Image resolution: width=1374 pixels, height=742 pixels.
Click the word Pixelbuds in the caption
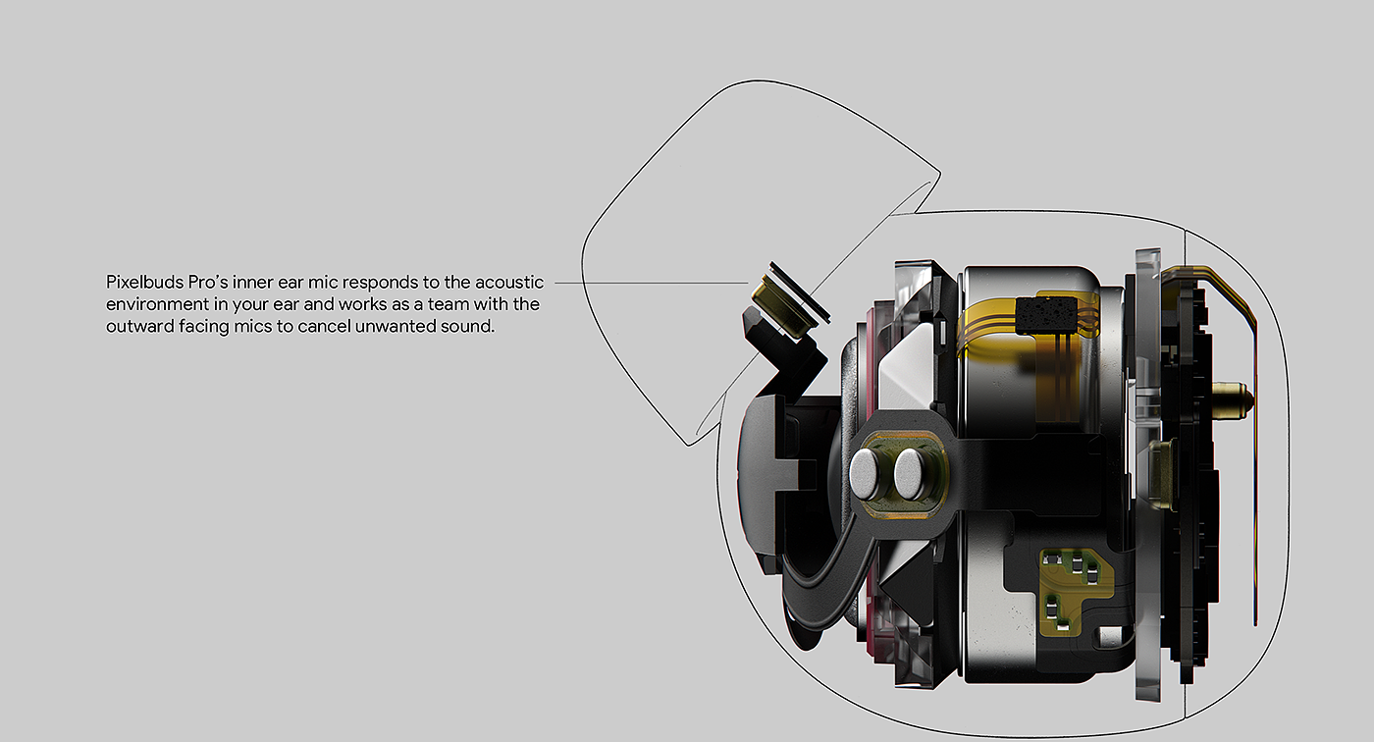click(x=145, y=282)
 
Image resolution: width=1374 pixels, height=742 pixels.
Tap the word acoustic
click(x=509, y=282)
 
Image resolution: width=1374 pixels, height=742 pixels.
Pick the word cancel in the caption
click(x=324, y=326)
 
